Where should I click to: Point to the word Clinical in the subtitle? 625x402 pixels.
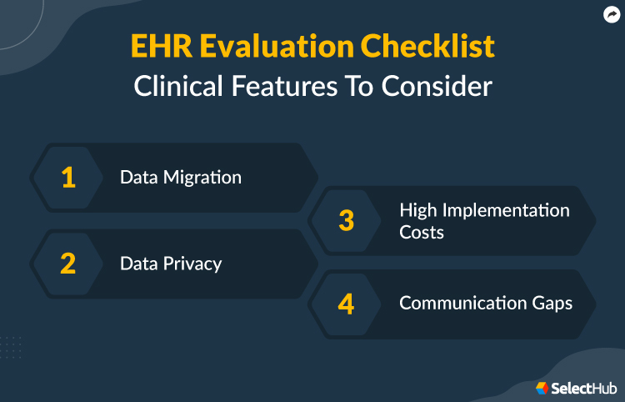click(179, 87)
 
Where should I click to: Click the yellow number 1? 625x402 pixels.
click(68, 178)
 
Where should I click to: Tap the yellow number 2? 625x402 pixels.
click(68, 264)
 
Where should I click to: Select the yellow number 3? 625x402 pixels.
click(346, 221)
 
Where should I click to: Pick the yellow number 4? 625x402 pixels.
click(346, 304)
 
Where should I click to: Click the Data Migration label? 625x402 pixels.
click(181, 178)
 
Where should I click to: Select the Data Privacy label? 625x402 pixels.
click(171, 264)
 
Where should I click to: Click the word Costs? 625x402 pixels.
click(422, 232)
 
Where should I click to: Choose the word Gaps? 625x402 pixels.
click(551, 304)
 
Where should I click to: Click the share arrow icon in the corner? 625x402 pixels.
click(609, 14)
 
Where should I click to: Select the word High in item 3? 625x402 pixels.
click(418, 210)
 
